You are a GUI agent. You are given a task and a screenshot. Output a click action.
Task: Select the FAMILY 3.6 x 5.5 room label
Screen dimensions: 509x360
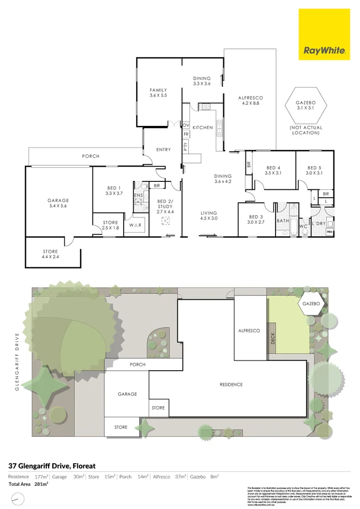click(x=158, y=93)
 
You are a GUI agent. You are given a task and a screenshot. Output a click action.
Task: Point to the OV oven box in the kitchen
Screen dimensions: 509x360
click(x=186, y=125)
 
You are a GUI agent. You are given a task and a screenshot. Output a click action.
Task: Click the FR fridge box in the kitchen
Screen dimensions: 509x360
click(x=186, y=134)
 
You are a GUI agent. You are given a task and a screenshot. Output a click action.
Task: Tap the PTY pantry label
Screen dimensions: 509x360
click(x=186, y=148)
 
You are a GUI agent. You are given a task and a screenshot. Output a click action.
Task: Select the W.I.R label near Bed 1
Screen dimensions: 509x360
click(x=135, y=225)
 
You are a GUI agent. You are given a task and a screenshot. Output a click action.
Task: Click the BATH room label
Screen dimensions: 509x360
click(x=283, y=221)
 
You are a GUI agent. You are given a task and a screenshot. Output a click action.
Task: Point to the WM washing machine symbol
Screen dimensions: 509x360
click(x=329, y=231)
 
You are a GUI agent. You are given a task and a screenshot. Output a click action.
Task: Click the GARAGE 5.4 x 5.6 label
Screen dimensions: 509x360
click(x=58, y=203)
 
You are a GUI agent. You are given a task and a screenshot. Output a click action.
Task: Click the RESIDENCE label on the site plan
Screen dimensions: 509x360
click(x=231, y=385)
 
